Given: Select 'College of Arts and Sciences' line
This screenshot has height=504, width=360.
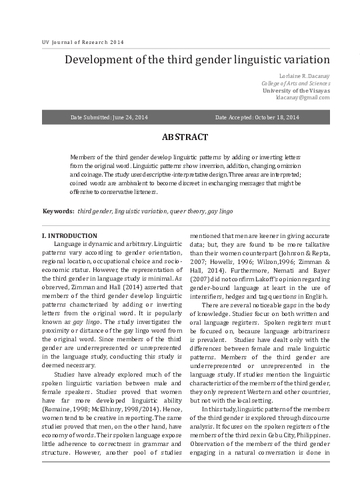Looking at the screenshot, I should click(295, 83).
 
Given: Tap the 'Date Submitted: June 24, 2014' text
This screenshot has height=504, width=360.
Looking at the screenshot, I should click(109, 117).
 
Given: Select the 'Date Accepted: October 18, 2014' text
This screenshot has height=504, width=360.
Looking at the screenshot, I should click(257, 117).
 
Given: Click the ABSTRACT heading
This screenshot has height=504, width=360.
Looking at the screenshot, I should click(185, 137).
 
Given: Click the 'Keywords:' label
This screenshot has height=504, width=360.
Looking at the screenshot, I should click(58, 211).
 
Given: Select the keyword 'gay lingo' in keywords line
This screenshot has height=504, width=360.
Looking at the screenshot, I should click(221, 211).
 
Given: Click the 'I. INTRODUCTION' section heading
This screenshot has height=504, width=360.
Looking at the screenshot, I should click(69, 236).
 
